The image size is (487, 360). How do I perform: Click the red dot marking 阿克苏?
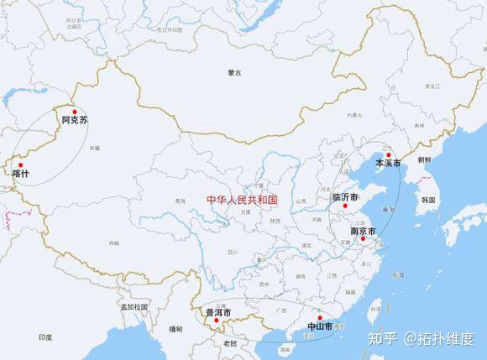pyautogui.click(x=75, y=112)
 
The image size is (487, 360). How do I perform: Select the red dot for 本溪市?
pyautogui.click(x=390, y=154)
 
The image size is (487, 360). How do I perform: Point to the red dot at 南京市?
pyautogui.click(x=363, y=239)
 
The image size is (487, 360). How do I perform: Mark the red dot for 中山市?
pyautogui.click(x=320, y=318)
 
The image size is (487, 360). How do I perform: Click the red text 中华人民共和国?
pyautogui.click(x=243, y=200)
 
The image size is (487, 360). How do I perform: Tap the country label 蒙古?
pyautogui.click(x=234, y=74)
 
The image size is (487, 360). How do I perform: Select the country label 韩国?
pyautogui.click(x=428, y=200)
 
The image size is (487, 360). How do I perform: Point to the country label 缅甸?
pyautogui.click(x=175, y=329)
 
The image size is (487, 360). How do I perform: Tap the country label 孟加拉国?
pyautogui.click(x=134, y=307)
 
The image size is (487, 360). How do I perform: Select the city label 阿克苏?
pyautogui.click(x=75, y=121)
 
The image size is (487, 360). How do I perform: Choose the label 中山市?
pyautogui.click(x=320, y=326)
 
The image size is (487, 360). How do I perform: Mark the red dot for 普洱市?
pyautogui.click(x=217, y=321)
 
